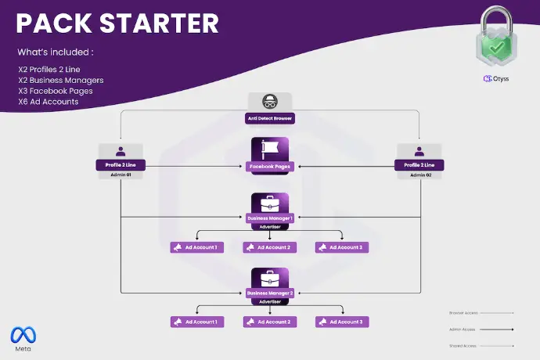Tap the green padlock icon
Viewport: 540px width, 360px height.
tap(498, 37)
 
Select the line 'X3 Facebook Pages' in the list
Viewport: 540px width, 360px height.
tap(55, 91)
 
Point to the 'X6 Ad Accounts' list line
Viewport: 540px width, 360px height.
tap(48, 102)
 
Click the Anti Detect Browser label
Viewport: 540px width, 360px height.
tap(269, 118)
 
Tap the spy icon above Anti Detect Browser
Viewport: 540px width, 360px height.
tap(269, 102)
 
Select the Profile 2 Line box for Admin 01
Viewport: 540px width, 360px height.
tap(121, 165)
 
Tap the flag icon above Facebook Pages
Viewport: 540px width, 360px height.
tap(269, 148)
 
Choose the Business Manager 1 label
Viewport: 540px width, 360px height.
tap(269, 218)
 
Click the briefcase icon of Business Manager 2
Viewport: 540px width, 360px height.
tap(269, 278)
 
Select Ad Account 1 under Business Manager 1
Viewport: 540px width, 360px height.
tap(197, 247)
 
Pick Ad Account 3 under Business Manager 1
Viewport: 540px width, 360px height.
tap(342, 247)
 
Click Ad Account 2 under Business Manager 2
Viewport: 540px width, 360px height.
tap(269, 322)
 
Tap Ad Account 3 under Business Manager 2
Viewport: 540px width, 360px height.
tap(342, 322)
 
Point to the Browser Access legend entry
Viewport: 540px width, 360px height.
tap(464, 313)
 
